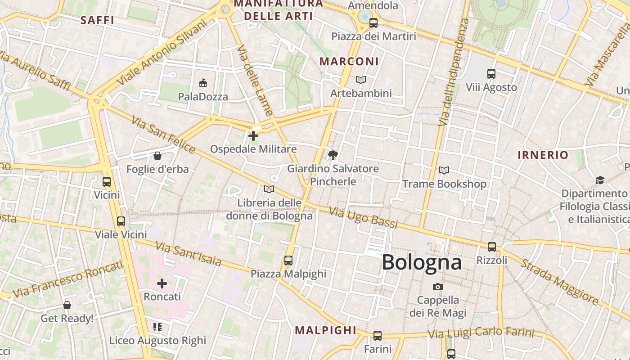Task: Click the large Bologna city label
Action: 422,262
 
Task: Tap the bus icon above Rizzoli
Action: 492,247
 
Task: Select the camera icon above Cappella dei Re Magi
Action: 437,287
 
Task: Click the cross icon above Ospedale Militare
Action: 253,135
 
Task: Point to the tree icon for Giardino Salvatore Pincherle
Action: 333,155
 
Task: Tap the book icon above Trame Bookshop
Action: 444,171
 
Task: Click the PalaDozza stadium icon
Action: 203,83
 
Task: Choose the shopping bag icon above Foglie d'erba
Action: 157,156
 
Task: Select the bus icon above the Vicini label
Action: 107,182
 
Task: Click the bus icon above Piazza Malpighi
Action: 288,260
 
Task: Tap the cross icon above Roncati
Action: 162,283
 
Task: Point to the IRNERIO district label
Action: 543,155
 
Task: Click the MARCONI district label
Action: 349,62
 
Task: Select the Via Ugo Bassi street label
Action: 364,217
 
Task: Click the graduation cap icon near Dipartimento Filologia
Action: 599,180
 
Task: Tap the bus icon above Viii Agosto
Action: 491,73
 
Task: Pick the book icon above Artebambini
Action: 361,80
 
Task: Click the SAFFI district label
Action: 97,20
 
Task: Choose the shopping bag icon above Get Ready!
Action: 67,305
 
